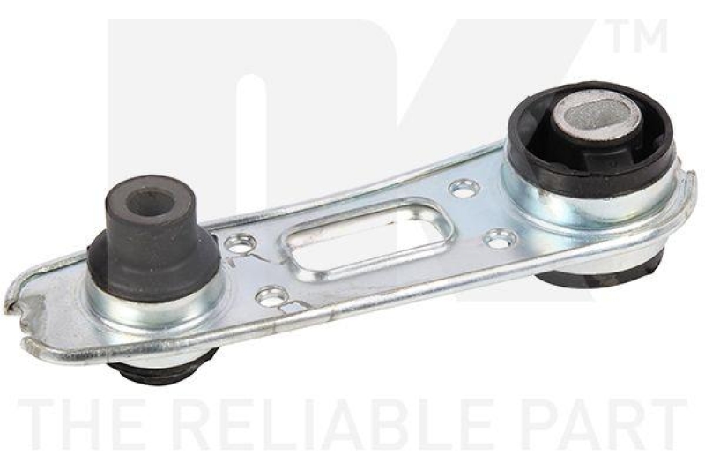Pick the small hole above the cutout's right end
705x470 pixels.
pos(464,187)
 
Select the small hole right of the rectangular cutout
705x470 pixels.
pos(500,237)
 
